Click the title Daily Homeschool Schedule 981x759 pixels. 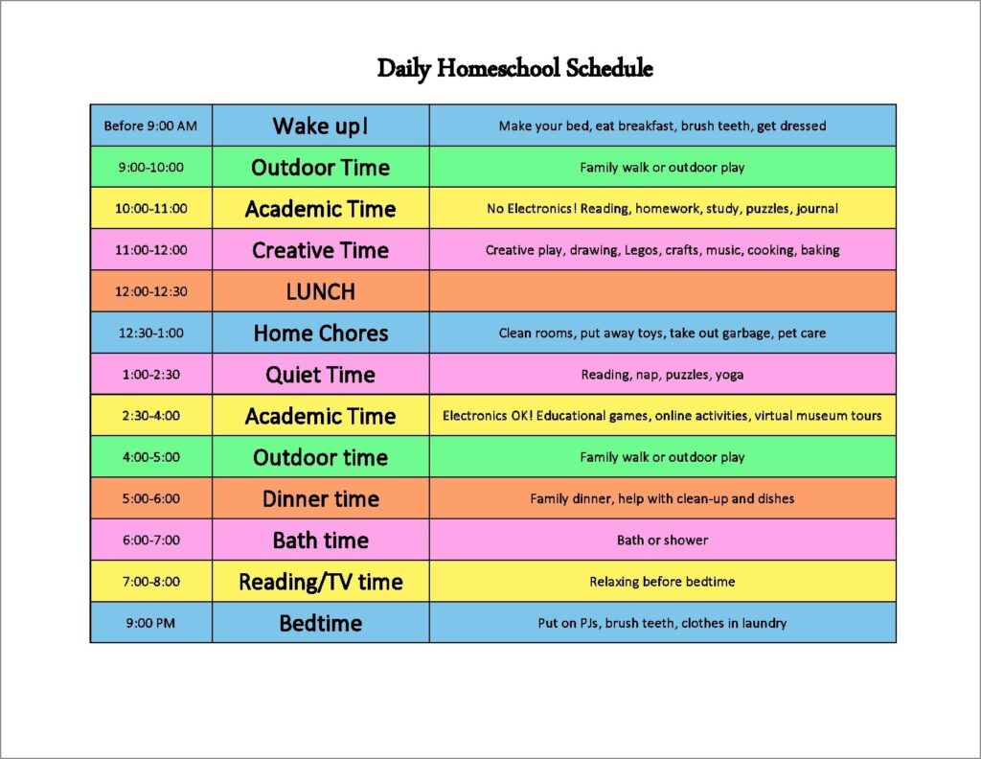tap(514, 68)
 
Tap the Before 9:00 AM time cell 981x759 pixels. tap(150, 126)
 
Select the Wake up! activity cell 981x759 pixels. tap(321, 126)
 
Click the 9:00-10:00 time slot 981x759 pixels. tap(150, 167)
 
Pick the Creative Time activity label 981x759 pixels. tap(321, 250)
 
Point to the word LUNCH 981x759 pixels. tap(321, 291)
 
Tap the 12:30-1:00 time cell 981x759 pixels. tap(150, 333)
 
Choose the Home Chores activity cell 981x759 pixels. tap(321, 333)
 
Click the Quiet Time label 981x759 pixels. tap(321, 374)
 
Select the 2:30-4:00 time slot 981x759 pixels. tap(150, 416)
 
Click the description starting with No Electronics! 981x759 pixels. tap(663, 208)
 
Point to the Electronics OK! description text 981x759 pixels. tap(663, 416)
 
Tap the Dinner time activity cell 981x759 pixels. tap(321, 498)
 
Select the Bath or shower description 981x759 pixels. tap(663, 540)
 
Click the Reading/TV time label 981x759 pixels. tap(321, 582)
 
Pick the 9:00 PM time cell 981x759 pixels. tap(150, 623)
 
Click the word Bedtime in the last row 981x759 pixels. tap(321, 623)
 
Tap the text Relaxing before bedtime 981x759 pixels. tap(663, 582)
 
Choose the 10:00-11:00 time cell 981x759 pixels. tap(150, 208)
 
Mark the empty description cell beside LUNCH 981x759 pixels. tap(663, 291)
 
